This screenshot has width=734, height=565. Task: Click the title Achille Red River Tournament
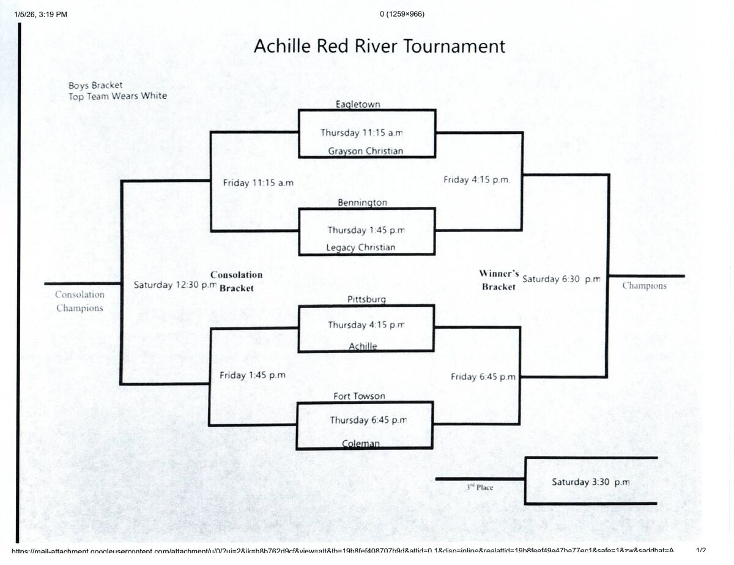(x=379, y=47)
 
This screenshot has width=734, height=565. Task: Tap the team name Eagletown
(x=358, y=104)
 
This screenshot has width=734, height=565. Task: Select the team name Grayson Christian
(x=366, y=151)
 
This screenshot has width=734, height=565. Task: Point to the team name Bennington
(x=362, y=202)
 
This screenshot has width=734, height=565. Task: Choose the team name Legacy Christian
(x=361, y=247)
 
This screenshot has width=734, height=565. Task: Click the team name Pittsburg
(x=366, y=299)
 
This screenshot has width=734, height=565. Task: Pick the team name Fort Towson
(x=359, y=396)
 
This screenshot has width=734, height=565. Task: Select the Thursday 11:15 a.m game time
(x=362, y=133)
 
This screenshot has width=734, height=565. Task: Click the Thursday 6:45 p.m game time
(x=368, y=420)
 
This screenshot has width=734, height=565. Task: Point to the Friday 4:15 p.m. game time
(x=476, y=180)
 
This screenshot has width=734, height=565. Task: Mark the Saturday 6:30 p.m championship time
(x=562, y=279)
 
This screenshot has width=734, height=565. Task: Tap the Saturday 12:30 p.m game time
(x=175, y=285)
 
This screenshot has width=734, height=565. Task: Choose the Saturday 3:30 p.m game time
(x=590, y=482)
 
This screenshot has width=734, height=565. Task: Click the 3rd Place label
(x=480, y=487)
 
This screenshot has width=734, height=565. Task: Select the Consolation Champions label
(x=80, y=301)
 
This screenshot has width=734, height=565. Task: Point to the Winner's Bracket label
(x=499, y=280)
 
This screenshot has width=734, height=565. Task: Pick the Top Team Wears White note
(x=117, y=96)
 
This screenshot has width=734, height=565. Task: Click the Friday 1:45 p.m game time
(x=253, y=375)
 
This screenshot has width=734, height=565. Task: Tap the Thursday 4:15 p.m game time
(x=366, y=325)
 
